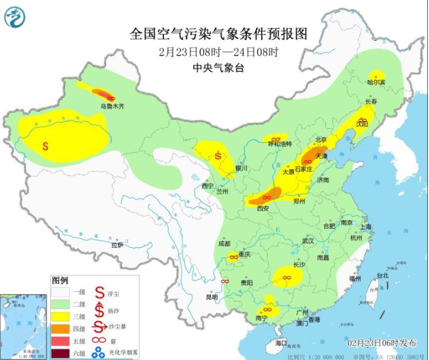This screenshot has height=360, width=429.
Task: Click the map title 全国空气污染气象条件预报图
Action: coord(219,34)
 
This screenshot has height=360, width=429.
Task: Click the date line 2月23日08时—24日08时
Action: coord(219,52)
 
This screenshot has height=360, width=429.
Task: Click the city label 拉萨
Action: coord(117,246)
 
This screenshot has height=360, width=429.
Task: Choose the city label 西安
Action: coord(263,208)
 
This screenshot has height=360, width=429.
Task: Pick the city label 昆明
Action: coord(212,297)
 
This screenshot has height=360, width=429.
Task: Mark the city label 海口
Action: coord(280,343)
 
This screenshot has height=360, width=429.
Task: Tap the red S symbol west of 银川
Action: coord(218,155)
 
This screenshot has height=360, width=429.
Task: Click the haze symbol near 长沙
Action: coord(286,278)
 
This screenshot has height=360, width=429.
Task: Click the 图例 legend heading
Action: coord(60,281)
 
